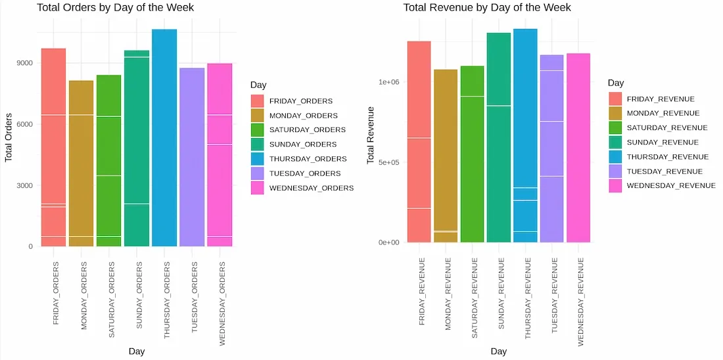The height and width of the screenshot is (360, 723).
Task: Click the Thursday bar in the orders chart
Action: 164,138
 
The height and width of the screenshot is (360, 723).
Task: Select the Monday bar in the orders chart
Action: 82,164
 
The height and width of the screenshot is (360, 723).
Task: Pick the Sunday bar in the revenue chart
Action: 499,138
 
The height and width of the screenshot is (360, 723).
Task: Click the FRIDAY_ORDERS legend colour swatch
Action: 258,101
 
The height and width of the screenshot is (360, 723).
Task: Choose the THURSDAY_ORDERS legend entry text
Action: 308,159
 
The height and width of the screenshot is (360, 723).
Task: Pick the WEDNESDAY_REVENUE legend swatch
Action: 615,186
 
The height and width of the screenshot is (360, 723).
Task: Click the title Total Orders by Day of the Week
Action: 115,8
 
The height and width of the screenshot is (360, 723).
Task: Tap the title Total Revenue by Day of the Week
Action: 487,8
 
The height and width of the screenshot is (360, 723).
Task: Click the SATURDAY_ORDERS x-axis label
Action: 111,300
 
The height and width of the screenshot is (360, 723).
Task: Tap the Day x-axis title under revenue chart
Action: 499,351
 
